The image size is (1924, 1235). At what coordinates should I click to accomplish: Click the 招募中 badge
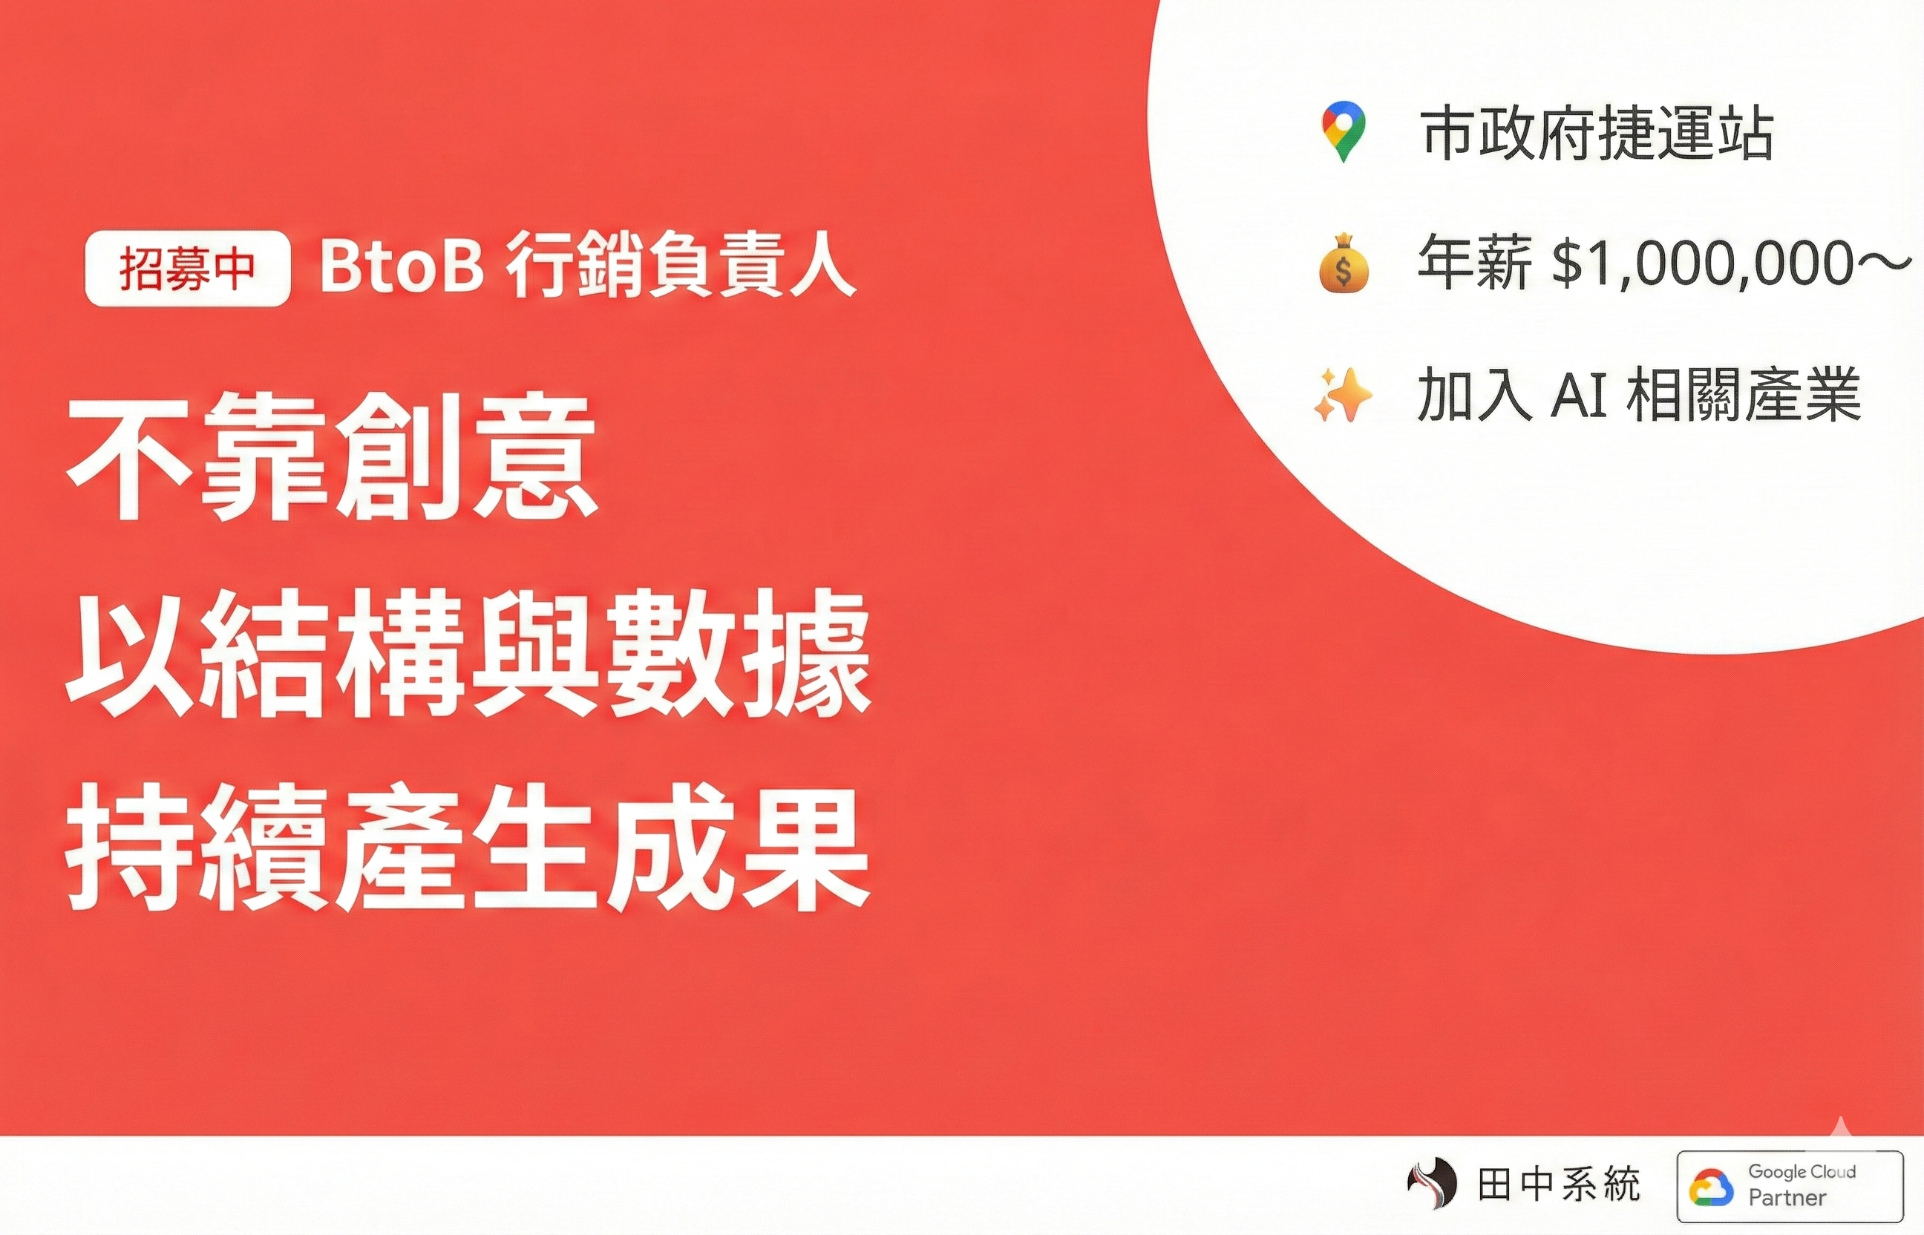tap(187, 269)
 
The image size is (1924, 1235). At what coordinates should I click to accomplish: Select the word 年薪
tap(1474, 262)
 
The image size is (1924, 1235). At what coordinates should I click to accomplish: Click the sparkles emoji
tap(1343, 395)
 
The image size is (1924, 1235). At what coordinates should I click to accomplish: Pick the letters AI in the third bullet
tap(1578, 396)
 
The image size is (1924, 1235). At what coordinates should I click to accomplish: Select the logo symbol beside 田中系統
tap(1433, 1185)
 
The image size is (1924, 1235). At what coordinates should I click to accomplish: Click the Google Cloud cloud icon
tap(1711, 1187)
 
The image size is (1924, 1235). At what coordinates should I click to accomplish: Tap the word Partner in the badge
tap(1787, 1197)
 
